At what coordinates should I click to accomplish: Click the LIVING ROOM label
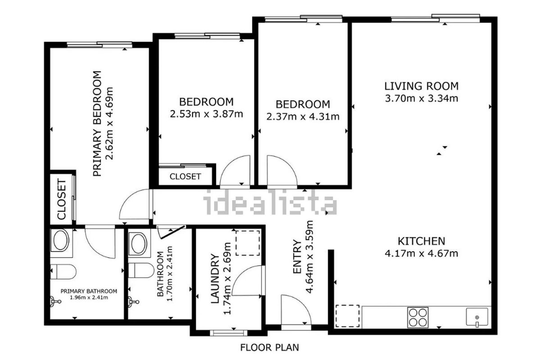coord(421,86)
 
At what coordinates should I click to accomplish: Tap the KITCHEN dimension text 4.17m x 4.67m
coord(421,253)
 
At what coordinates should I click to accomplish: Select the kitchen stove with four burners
coord(418,317)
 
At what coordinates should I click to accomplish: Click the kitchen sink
coord(477,317)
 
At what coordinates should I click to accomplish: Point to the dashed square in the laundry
coord(247,243)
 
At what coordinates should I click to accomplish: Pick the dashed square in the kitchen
coord(347,316)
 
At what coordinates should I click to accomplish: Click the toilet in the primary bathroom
coord(63,272)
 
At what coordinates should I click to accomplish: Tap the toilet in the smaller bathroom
coord(141,270)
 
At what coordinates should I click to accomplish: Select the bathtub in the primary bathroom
coord(61,240)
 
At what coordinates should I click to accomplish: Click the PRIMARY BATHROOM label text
coord(89,291)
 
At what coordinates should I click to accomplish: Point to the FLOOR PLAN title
coord(270,347)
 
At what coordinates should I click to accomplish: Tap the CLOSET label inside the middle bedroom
coord(185,176)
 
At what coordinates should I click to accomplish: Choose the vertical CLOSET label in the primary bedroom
coord(62,199)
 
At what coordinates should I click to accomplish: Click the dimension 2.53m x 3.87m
coord(207,114)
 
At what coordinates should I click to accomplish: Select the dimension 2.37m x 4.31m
coord(303,117)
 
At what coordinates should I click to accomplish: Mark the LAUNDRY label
coord(215,278)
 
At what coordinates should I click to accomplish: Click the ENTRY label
coord(297,256)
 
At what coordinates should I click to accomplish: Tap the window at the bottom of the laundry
coord(229,333)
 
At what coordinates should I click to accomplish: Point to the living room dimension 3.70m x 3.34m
coord(421,99)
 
